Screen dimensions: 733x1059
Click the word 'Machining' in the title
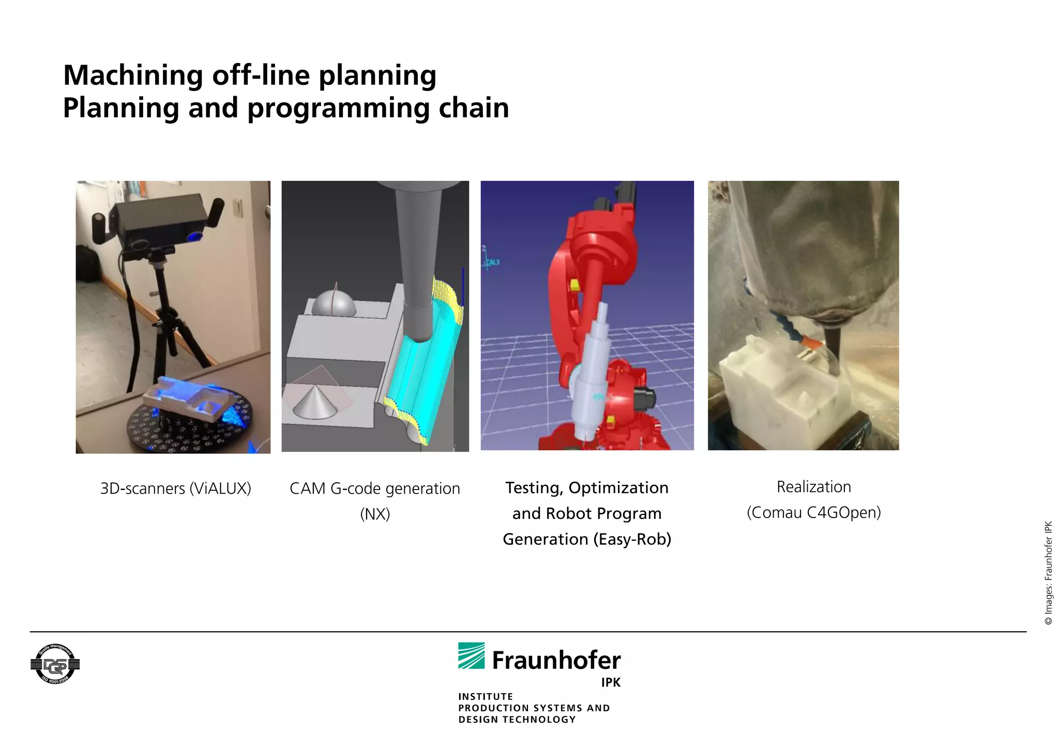132,75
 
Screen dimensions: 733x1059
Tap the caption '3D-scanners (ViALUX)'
175,488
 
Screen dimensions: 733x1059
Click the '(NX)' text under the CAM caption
375,514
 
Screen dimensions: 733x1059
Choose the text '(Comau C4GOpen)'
813,512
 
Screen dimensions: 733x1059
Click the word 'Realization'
813,487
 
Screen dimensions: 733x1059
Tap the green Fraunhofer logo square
471,655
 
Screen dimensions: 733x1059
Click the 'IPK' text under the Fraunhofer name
610,682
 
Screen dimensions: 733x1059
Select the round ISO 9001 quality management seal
55,664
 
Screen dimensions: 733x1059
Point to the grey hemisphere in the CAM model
334,305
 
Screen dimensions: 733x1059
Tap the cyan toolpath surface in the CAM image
424,372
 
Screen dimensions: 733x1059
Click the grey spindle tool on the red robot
595,372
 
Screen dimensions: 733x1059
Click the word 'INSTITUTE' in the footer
486,696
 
